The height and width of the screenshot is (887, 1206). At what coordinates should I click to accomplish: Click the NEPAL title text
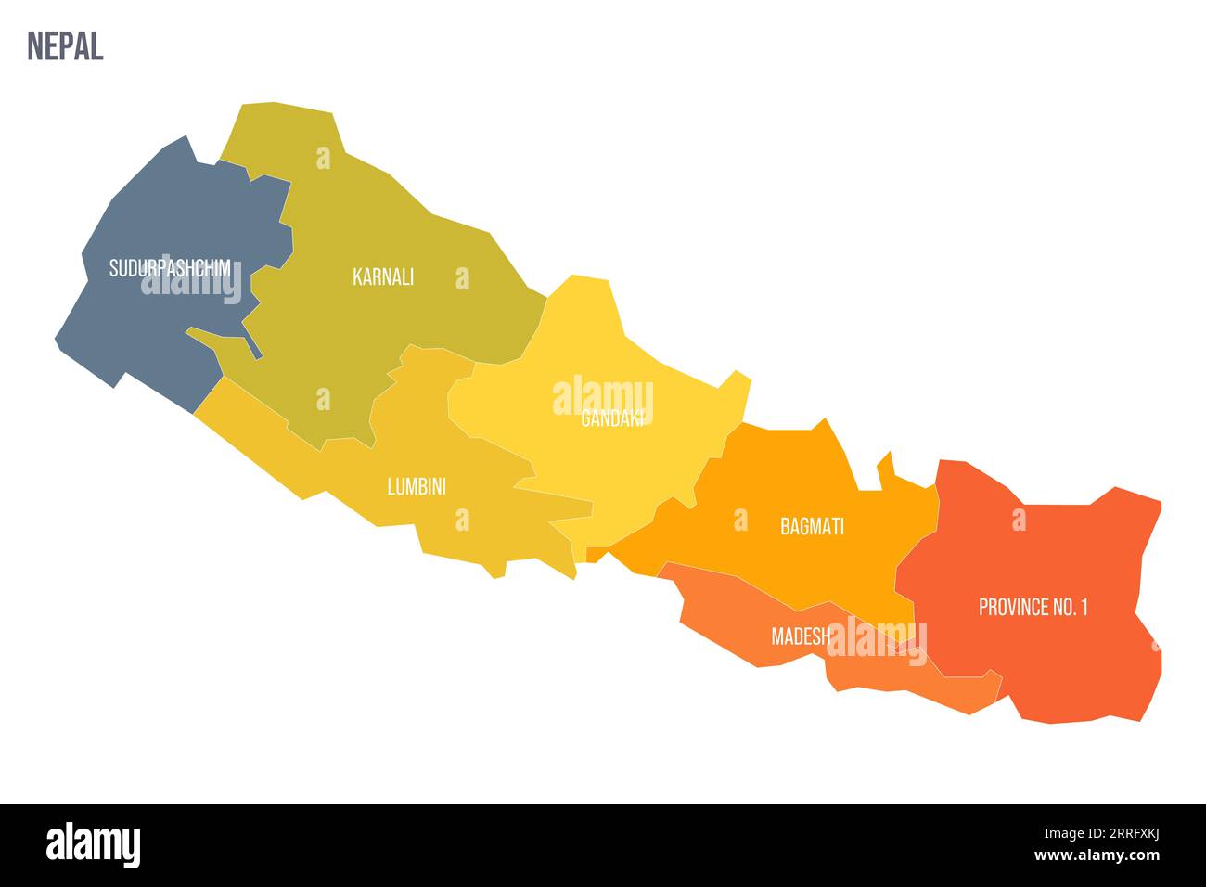click(x=65, y=45)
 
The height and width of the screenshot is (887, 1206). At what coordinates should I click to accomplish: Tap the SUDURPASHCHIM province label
click(x=170, y=268)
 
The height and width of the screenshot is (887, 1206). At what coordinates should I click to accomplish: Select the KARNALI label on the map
click(x=383, y=276)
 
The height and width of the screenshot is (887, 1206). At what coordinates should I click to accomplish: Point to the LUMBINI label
click(x=417, y=486)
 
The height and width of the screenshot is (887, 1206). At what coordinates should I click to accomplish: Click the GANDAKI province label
click(x=611, y=419)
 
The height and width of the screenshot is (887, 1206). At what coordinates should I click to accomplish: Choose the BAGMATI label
click(x=812, y=527)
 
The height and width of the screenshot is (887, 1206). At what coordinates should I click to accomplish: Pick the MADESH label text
click(x=801, y=636)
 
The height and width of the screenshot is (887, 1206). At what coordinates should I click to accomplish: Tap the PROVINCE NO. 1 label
click(x=1033, y=608)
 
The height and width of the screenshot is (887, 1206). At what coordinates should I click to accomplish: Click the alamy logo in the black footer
click(x=94, y=845)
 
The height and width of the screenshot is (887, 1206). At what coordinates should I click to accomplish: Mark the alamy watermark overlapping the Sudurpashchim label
click(x=191, y=282)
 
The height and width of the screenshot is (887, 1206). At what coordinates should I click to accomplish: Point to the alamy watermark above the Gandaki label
click(x=603, y=396)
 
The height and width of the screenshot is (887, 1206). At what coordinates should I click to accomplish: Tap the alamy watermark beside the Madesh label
click(x=877, y=640)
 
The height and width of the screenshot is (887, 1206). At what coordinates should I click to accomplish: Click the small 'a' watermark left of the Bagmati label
click(x=740, y=520)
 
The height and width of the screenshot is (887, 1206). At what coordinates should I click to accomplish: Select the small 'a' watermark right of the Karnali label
click(x=462, y=277)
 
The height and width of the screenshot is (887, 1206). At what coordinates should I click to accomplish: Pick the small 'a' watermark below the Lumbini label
click(x=462, y=521)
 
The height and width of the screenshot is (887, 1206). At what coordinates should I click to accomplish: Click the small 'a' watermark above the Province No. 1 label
click(x=1019, y=520)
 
